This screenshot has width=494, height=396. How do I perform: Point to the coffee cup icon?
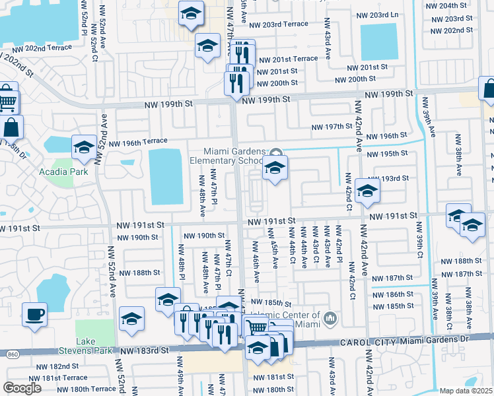34,314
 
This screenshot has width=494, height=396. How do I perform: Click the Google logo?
22,387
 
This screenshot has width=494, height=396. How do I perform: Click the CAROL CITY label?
367,343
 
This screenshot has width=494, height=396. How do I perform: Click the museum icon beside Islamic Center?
331,319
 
